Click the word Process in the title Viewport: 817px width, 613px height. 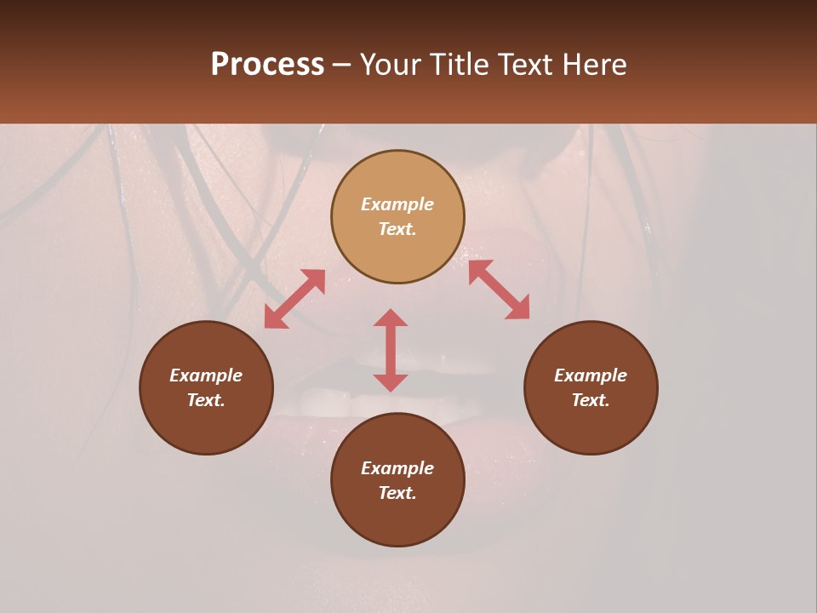point(267,65)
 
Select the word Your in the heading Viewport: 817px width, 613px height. point(392,65)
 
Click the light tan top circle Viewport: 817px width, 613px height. point(397,170)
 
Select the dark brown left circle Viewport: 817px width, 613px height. point(206,426)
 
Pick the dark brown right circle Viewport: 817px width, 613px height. point(591,426)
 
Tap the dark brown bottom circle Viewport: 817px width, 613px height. point(397,519)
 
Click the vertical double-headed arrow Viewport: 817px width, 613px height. point(391,350)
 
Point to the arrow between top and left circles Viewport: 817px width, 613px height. point(294,299)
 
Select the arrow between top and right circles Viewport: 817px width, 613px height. point(499,289)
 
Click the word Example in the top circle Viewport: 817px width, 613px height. point(397,204)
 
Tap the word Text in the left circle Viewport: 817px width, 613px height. point(206,400)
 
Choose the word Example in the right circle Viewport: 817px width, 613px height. point(591,375)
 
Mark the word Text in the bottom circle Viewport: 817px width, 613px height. point(397,493)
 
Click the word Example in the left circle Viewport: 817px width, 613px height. point(206,375)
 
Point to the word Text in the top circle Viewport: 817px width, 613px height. point(397,229)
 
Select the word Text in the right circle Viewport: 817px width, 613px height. point(591,400)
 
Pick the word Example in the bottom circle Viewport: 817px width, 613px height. point(397,468)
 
